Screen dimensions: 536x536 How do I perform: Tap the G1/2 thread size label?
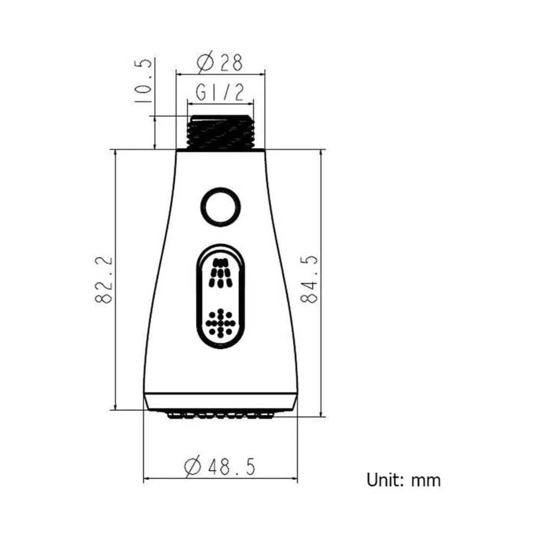pos(220,92)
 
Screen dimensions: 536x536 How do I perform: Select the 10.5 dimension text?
pos(142,81)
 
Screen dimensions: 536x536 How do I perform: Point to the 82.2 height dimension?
pos(103,279)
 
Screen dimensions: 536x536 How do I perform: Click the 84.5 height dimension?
pos(309,279)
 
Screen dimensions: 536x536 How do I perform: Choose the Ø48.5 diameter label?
pos(220,467)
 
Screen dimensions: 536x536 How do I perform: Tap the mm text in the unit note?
pos(426,481)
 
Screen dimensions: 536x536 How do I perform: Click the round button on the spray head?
pos(220,207)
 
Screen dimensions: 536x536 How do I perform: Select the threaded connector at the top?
pos(220,133)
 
